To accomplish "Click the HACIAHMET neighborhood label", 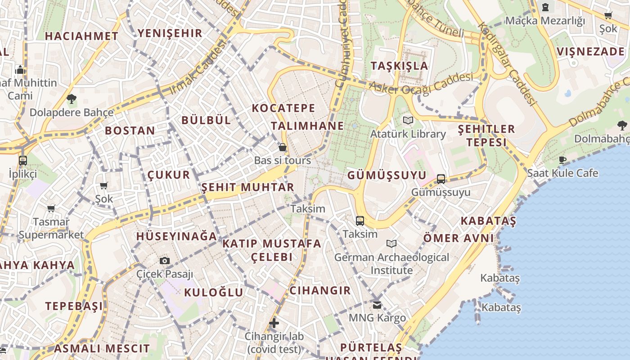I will coord(81,36).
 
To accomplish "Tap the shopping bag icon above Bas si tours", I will coord(283,147).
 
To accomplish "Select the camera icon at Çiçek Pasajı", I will coord(165,261).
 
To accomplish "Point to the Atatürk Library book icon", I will coord(408,121).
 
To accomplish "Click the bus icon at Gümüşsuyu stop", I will coord(441,179).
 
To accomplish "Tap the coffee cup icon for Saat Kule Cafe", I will coord(562,160).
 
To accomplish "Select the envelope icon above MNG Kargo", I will coord(377,305).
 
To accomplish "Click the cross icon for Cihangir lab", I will coord(274,323).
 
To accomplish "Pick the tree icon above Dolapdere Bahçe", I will coord(71,99).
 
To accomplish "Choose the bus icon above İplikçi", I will coord(22,160).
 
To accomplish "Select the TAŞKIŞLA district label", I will coord(399,66).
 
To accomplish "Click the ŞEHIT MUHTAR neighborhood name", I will coord(247,187).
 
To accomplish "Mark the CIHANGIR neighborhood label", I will coord(319,290).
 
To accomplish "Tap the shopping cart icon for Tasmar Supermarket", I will coord(51,208).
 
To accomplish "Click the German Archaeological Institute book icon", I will coord(391,243).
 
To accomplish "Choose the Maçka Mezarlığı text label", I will coord(545,21).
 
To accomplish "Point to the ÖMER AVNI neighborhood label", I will coord(459,238).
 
